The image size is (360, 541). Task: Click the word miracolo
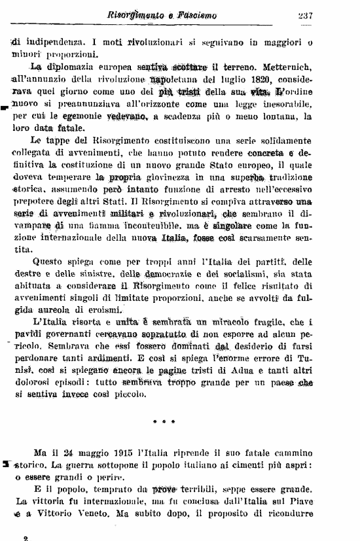tap(234, 322)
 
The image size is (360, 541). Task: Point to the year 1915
tap(118, 453)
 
